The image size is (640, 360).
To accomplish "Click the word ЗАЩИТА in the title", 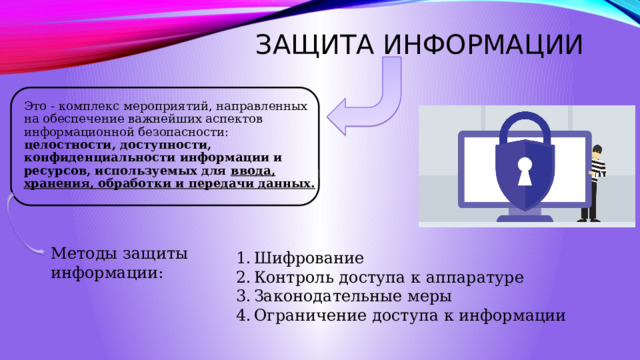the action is [x=315, y=44].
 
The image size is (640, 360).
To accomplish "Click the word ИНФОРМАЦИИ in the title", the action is [x=483, y=44].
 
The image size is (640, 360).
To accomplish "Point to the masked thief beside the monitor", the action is [x=592, y=183].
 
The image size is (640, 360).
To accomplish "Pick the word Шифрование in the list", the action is [x=309, y=258].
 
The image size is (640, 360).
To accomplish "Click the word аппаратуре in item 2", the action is [x=475, y=278].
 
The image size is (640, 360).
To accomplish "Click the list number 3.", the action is [x=243, y=296].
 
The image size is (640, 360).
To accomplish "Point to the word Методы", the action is [x=84, y=253].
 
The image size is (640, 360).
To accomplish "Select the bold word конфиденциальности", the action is [x=100, y=158].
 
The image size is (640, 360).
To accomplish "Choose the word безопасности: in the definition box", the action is [x=183, y=132].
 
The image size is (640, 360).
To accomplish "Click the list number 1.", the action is [x=243, y=258].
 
